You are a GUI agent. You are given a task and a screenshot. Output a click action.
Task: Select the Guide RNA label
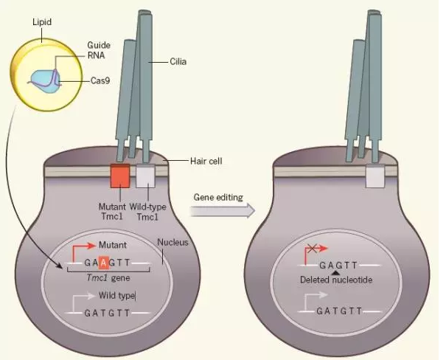99,50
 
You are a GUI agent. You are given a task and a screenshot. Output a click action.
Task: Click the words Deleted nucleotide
335,281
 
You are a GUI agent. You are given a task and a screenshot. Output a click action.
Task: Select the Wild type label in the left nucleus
117,295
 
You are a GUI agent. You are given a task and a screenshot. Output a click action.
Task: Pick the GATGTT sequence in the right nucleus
340,311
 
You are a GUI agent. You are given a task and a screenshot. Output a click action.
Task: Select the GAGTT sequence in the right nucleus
338,264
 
